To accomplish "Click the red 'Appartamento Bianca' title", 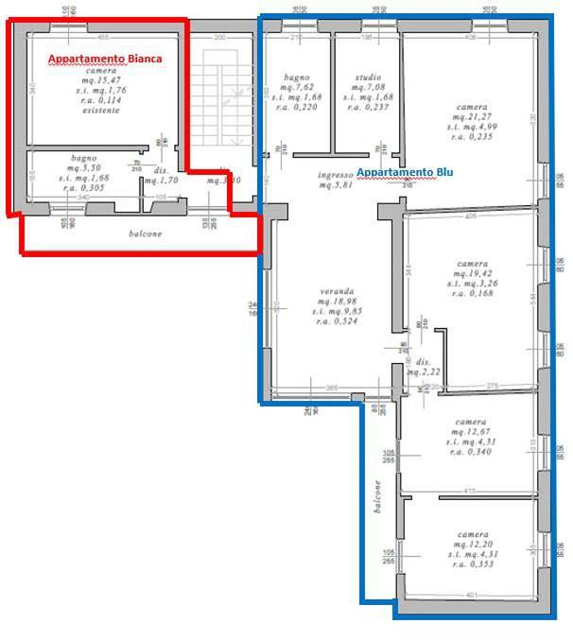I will tap(105, 58).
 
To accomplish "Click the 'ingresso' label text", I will tap(335, 174).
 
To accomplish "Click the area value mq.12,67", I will tap(470, 431).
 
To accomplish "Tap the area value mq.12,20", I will tap(470, 543).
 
